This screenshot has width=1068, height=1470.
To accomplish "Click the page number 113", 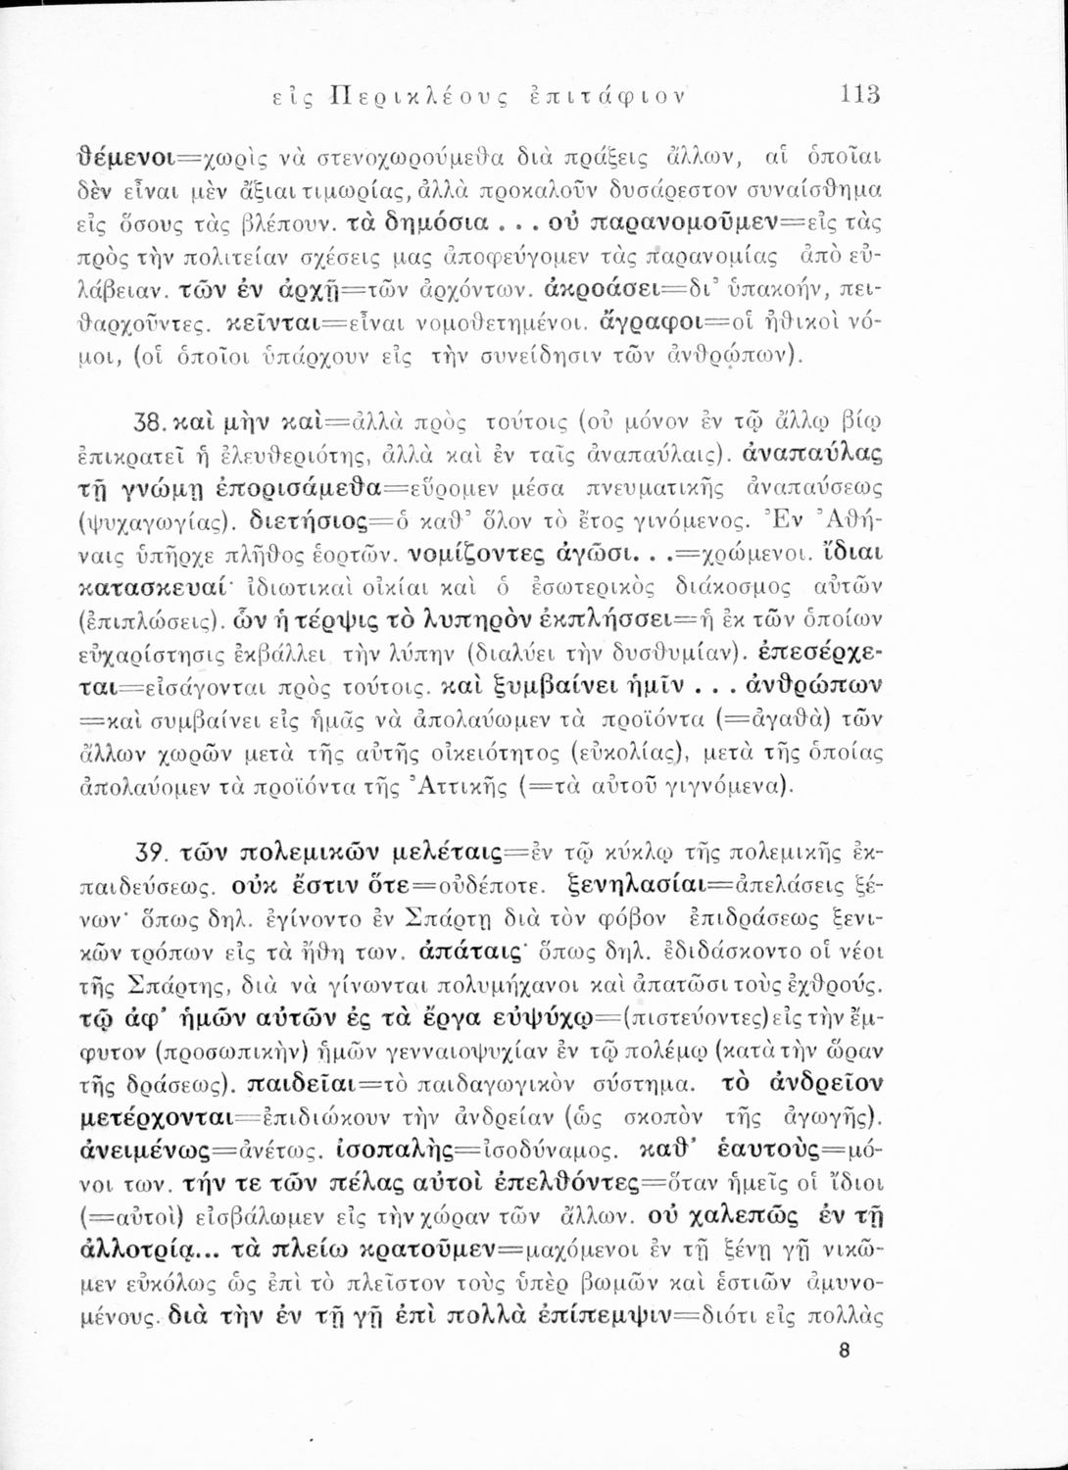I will tap(860, 95).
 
